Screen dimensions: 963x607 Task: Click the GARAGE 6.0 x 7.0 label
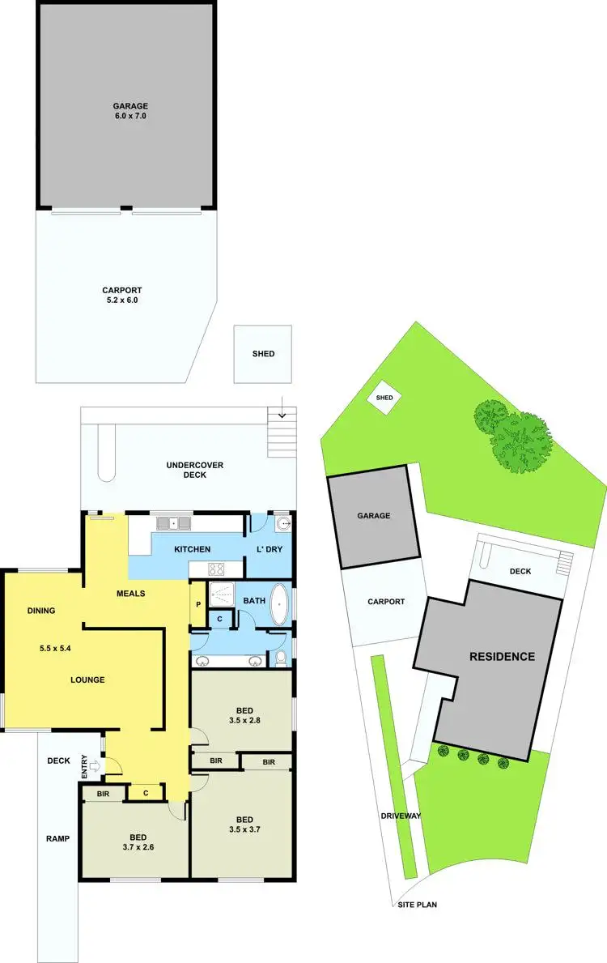click(129, 111)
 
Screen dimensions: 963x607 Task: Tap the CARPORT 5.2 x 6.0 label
click(122, 295)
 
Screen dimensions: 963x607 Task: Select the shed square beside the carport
click(263, 354)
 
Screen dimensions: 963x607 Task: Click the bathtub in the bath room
click(280, 604)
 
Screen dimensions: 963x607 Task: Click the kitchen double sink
click(174, 523)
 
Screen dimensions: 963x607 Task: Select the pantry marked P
click(197, 603)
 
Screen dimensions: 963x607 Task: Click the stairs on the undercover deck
click(282, 432)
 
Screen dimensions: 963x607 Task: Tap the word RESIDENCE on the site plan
click(502, 656)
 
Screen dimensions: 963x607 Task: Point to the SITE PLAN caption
click(417, 904)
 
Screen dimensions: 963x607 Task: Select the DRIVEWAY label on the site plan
click(401, 816)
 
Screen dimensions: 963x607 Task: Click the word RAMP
click(57, 838)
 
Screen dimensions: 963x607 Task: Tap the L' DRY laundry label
click(270, 550)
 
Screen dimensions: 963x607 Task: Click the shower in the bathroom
click(220, 594)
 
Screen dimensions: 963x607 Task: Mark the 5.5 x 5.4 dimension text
click(56, 649)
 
